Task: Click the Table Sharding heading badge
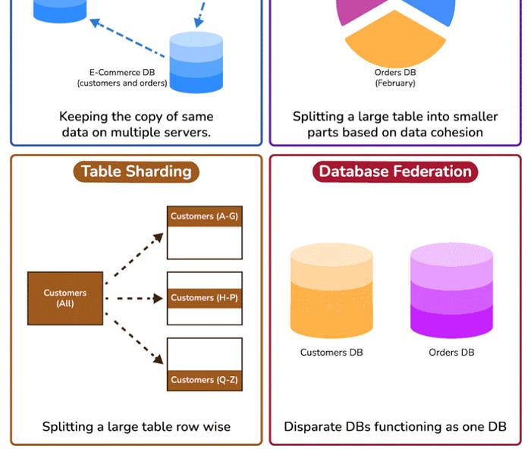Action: (136, 171)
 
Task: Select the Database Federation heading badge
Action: (395, 171)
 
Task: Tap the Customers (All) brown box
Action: (65, 298)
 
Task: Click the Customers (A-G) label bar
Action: (204, 216)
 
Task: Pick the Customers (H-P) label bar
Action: (204, 298)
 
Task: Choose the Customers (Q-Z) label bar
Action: (204, 380)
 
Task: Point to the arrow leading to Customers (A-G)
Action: (134, 258)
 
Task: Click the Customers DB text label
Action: (331, 353)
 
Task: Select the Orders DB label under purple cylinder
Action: (451, 353)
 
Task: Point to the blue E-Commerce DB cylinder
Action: (196, 61)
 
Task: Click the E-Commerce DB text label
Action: (122, 78)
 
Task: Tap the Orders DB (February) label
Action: (394, 78)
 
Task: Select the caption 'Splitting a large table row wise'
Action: (136, 426)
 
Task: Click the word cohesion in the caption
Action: (456, 132)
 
